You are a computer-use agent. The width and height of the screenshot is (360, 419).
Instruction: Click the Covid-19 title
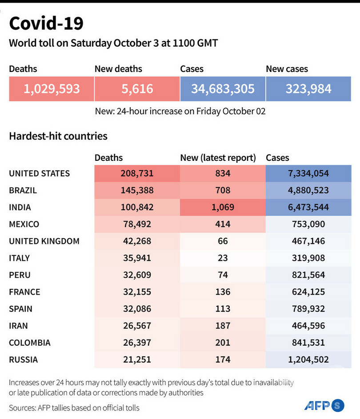[46, 24]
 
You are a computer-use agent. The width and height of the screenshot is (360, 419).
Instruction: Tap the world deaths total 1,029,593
[52, 88]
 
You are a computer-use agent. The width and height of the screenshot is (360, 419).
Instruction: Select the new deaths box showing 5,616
[137, 88]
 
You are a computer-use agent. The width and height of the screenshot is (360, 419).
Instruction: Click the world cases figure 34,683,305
[223, 88]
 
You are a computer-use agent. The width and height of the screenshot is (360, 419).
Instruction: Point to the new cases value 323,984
[308, 88]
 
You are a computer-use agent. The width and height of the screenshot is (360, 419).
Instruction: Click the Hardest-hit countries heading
[58, 136]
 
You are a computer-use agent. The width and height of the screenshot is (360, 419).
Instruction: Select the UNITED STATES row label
[40, 173]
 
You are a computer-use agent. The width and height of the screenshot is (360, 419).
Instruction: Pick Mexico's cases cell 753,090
[308, 224]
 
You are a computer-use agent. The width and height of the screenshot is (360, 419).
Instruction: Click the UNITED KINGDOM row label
[44, 241]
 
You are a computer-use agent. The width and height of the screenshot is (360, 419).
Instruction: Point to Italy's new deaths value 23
[223, 258]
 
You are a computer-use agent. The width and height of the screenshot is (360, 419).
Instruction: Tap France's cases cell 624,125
[308, 292]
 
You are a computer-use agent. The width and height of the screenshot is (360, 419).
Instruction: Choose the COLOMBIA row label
[30, 343]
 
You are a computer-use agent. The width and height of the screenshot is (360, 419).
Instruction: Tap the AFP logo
[324, 405]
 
